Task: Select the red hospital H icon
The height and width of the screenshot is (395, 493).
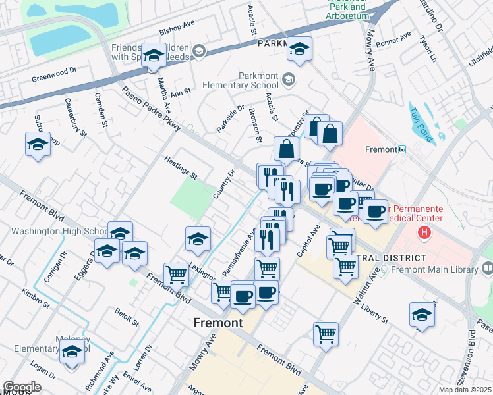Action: [424, 232]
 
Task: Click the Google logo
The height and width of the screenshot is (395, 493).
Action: [22, 387]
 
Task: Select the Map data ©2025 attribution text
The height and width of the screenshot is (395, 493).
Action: [465, 390]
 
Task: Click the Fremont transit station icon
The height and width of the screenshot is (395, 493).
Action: [402, 150]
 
